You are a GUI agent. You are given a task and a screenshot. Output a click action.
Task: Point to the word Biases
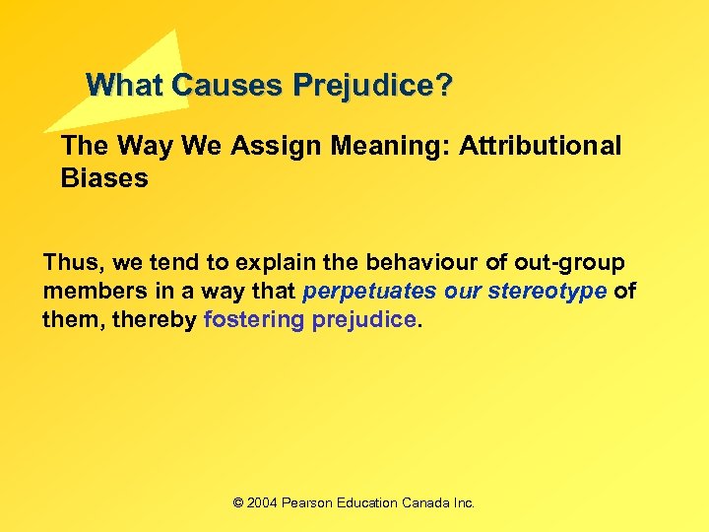pyautogui.click(x=104, y=178)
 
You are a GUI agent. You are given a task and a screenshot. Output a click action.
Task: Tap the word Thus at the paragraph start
pyautogui.click(x=72, y=264)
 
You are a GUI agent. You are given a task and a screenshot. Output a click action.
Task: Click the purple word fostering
pyautogui.click(x=253, y=321)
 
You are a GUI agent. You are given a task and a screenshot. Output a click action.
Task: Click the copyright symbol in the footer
pyautogui.click(x=238, y=502)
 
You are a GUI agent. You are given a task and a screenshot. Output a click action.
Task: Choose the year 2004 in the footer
pyautogui.click(x=262, y=502)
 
